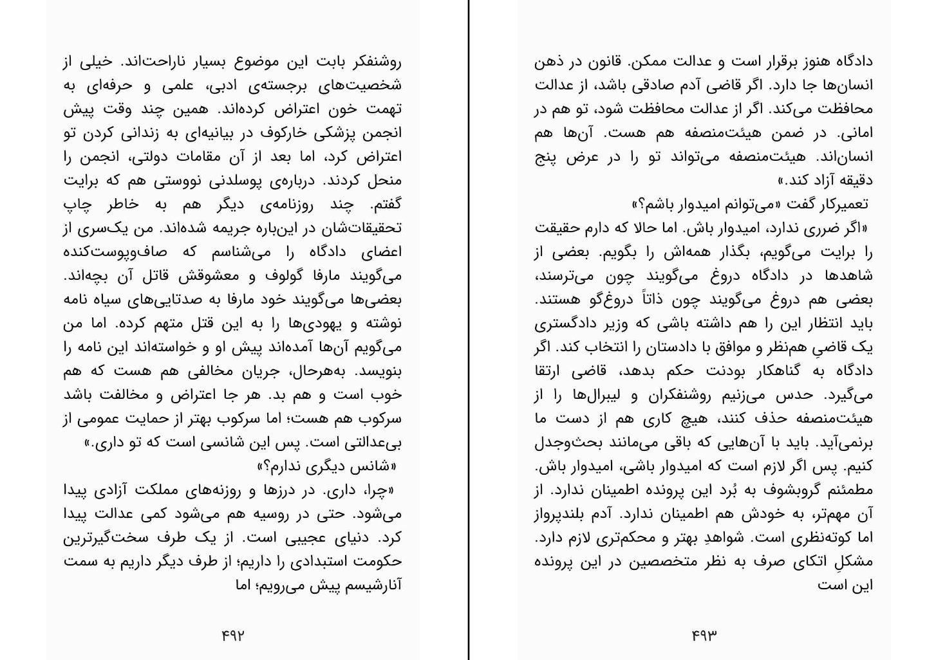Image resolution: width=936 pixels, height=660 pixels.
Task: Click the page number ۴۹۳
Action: [x=704, y=636]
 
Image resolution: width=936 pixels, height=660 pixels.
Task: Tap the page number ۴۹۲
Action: [x=233, y=636]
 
